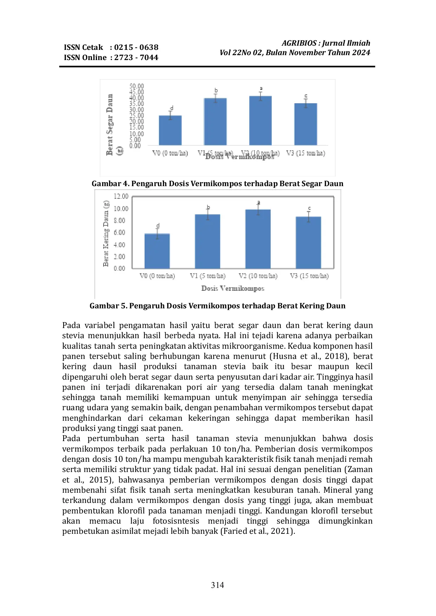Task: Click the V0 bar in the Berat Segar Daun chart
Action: pyautogui.click(x=170, y=130)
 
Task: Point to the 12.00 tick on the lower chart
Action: pyautogui.click(x=121, y=196)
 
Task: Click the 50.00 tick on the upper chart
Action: pyautogui.click(x=137, y=86)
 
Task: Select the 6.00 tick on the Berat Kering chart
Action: pyautogui.click(x=119, y=232)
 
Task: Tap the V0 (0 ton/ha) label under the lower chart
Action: pyautogui.click(x=157, y=276)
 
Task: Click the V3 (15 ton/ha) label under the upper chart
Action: pyautogui.click(x=306, y=153)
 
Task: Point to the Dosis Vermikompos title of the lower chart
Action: pyautogui.click(x=233, y=288)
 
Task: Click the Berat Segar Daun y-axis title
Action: pyautogui.click(x=110, y=125)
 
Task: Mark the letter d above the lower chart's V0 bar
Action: pyautogui.click(x=158, y=225)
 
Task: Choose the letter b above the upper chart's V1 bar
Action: pyautogui.click(x=216, y=91)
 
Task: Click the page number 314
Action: pyautogui.click(x=218, y=585)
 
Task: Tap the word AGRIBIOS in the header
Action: pyautogui.click(x=299, y=43)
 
